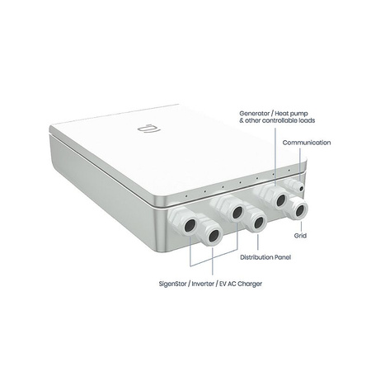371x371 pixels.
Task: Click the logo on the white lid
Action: point(149,129)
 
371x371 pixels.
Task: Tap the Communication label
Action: point(307,143)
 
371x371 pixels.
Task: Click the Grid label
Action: point(300,236)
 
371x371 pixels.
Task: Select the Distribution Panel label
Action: point(265,257)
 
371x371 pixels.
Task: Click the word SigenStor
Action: point(172,284)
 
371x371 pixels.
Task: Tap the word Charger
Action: point(250,284)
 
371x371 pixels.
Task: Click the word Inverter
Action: point(203,284)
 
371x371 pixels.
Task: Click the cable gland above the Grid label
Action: point(295,207)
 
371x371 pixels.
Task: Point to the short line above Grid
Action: point(301,226)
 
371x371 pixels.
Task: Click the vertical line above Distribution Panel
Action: point(258,242)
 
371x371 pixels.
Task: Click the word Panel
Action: point(283,257)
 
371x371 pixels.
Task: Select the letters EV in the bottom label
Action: point(223,284)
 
